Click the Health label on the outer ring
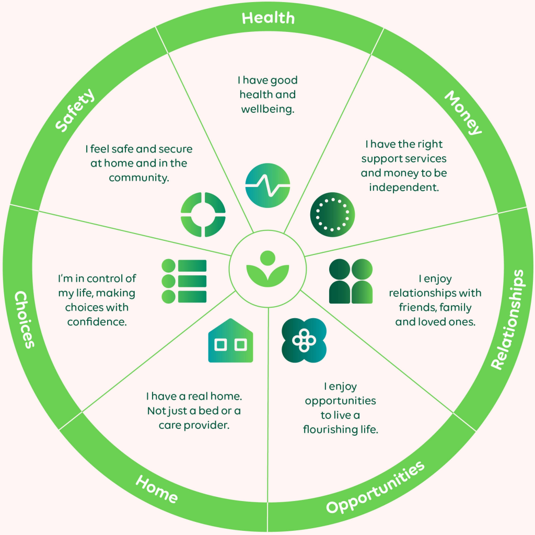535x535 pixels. point(268,18)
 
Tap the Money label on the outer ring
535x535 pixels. point(463,112)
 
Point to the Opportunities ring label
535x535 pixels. point(375,488)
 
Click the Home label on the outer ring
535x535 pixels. point(157,489)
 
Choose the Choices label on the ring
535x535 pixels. point(24,319)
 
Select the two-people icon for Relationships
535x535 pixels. point(351,282)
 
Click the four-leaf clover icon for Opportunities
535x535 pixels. point(304,340)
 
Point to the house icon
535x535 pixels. point(230,341)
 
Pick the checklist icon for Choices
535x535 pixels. point(184,281)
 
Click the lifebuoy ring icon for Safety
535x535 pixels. point(203,214)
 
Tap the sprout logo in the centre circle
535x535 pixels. point(267,269)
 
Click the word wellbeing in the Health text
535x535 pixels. point(268,109)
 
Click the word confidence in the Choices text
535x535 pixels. point(97,321)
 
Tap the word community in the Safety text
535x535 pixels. point(138,178)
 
